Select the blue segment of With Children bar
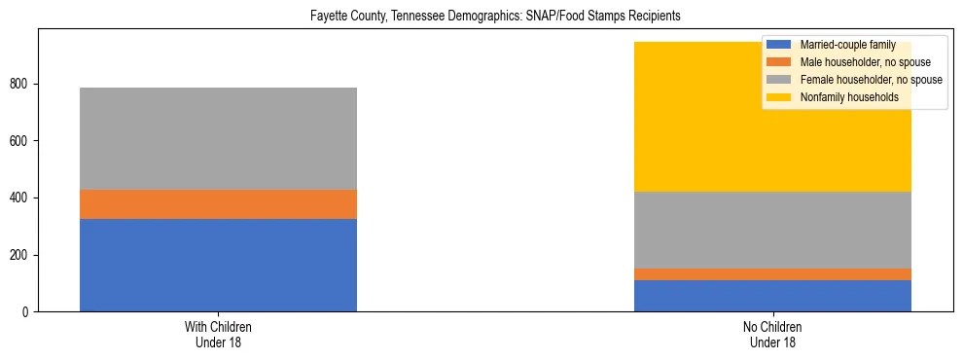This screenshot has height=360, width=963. (218, 265)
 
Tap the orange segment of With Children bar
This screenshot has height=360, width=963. (218, 204)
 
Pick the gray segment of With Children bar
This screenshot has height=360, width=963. (218, 138)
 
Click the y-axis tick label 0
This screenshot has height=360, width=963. (29, 312)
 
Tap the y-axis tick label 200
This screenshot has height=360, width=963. (23, 255)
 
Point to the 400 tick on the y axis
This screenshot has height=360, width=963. (23, 198)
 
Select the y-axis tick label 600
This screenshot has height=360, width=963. (23, 141)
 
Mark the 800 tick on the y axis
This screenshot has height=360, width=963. (23, 85)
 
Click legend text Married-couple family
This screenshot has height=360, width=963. (847, 45)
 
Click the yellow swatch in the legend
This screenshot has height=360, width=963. (779, 97)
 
